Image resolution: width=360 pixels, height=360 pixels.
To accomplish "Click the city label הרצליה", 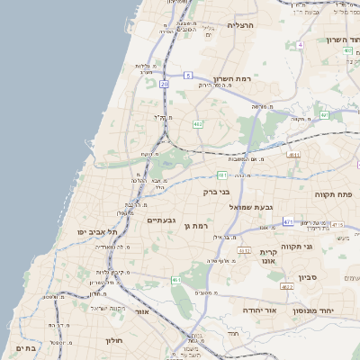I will click(241, 25).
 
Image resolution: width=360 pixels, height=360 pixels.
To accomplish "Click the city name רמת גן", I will click(195, 225).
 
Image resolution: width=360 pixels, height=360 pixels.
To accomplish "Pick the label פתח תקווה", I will click(332, 194).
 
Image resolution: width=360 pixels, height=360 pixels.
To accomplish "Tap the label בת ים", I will click(25, 348).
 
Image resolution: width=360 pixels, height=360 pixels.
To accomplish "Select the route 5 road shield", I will click(188, 76).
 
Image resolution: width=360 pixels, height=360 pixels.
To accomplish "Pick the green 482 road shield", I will click(197, 122).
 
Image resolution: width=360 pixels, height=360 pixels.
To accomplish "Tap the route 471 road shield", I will click(288, 220).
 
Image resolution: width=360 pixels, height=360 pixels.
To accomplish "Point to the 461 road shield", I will click(176, 280).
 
